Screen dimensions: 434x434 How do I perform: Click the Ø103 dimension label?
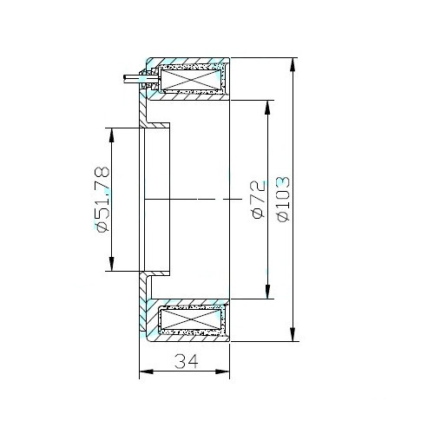(283, 199)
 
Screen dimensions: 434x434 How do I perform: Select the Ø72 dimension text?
(259, 200)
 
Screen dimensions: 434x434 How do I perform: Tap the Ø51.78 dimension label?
(102, 200)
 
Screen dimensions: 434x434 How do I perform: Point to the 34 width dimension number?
(187, 361)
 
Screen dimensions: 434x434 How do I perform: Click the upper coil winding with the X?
(191, 80)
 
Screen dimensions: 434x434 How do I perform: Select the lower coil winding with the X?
(191, 319)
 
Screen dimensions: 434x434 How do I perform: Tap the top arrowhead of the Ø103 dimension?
(293, 64)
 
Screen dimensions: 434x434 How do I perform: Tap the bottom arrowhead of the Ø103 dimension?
(293, 335)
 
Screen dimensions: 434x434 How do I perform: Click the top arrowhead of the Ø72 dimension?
(267, 107)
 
